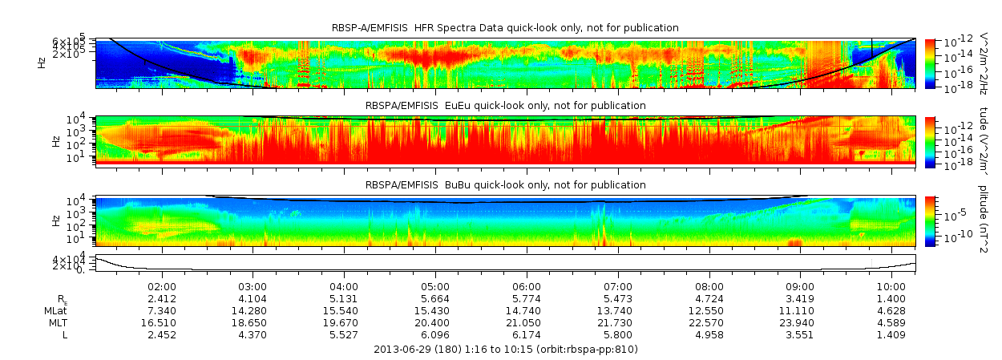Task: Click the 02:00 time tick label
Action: point(162,286)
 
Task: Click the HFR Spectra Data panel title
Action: point(505,28)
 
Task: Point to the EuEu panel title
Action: point(505,106)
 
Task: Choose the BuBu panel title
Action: point(505,185)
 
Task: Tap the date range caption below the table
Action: point(506,350)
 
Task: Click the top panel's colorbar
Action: point(930,63)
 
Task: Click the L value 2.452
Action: point(162,334)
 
